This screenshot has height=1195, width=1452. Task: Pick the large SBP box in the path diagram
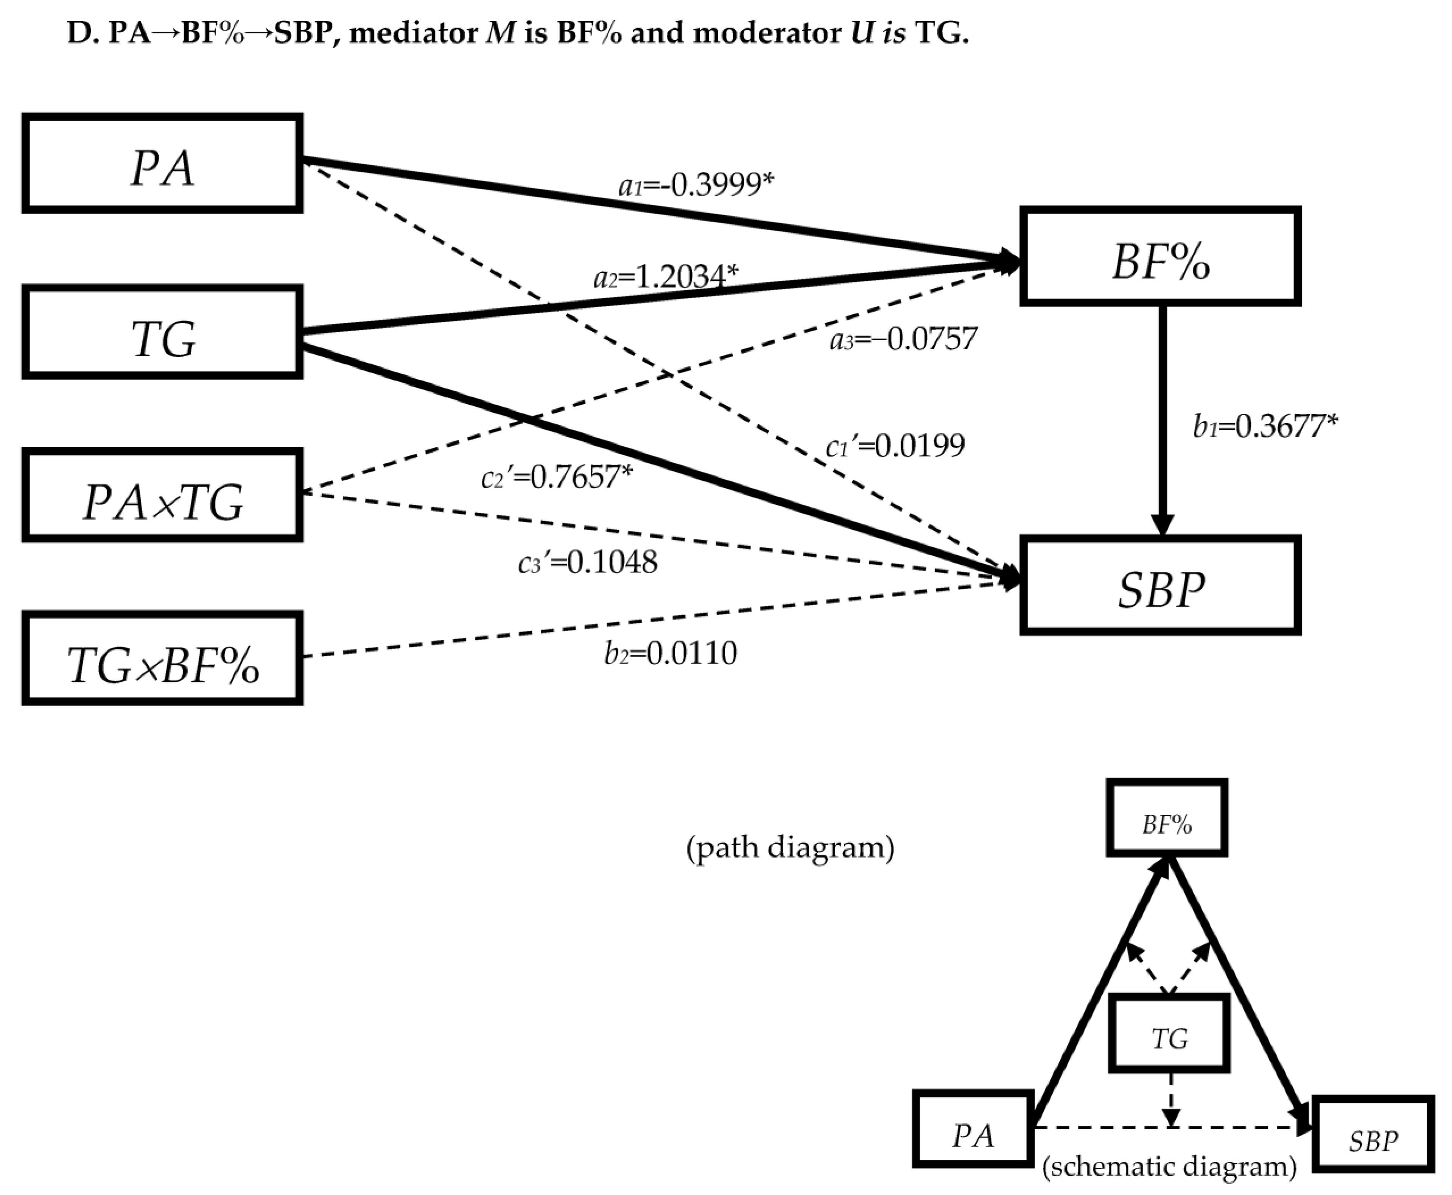click(x=1160, y=585)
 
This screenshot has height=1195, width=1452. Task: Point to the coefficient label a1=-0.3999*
click(x=696, y=185)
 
